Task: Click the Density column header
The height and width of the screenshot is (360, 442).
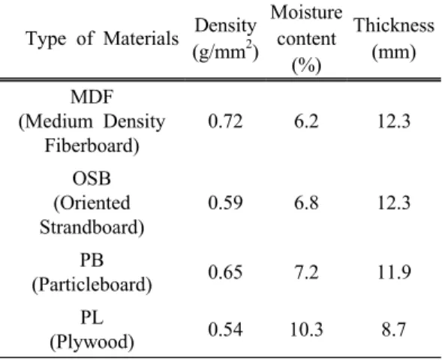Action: point(225,39)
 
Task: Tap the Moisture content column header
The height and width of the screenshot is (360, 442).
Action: point(306,39)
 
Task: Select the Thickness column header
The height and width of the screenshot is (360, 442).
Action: point(394,39)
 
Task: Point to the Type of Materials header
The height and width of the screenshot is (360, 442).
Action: point(102,38)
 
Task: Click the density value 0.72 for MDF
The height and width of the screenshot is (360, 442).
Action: point(225,121)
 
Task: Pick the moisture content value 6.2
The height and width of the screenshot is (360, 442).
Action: point(306,121)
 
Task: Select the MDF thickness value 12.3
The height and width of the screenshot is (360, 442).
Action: point(394,121)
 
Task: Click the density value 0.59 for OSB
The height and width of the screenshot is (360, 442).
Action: point(225,202)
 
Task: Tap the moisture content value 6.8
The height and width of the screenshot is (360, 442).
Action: point(306,202)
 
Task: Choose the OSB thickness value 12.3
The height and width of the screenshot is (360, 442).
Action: point(394,202)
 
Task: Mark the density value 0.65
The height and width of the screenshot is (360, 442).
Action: point(225,272)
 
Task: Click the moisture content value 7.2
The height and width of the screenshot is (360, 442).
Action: point(306,272)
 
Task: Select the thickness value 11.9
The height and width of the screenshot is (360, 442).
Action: point(394,272)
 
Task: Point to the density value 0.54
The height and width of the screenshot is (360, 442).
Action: point(225,329)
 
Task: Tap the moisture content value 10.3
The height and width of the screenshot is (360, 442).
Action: point(306,329)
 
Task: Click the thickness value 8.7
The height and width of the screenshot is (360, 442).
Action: point(394,329)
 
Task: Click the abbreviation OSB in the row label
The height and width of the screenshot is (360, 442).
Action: point(92,178)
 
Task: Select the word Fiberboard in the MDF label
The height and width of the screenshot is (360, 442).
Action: point(92,146)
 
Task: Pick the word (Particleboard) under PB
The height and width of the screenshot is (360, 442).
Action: point(92,285)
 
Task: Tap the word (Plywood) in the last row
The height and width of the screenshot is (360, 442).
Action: point(92,342)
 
